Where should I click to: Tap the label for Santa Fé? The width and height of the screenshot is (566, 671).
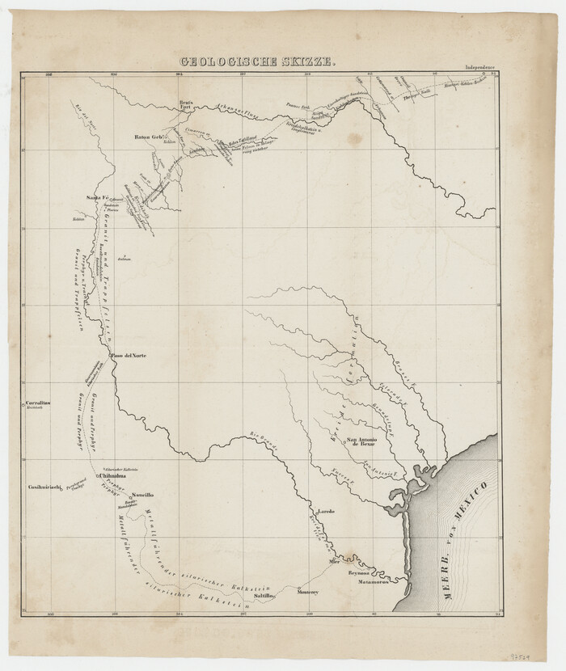coord(98,197)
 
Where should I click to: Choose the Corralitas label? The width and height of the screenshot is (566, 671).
coord(39,402)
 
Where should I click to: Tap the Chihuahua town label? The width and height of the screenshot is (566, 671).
coord(113,477)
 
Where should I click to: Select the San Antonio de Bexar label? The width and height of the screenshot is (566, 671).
coord(362,442)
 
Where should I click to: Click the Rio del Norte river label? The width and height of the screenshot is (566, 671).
coord(84,119)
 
